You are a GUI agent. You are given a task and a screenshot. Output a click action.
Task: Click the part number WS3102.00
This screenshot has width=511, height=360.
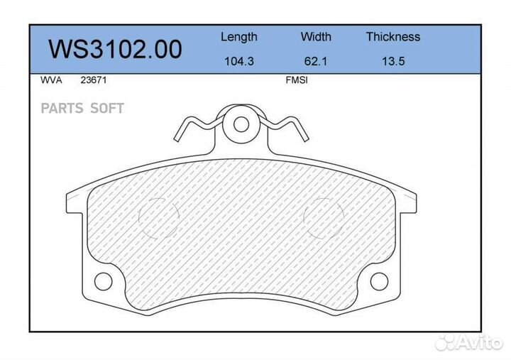click(115, 50)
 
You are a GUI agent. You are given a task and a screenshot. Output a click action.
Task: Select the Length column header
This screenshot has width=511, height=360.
click(239, 37)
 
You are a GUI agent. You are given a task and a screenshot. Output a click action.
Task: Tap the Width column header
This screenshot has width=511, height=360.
click(316, 37)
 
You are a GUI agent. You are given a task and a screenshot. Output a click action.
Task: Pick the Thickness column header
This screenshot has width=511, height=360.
click(393, 37)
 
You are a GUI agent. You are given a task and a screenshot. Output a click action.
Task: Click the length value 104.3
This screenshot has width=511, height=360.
click(239, 61)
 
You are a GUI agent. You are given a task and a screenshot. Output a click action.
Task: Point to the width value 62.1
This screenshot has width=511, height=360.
click(316, 61)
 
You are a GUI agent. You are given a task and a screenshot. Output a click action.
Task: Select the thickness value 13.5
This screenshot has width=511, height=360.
click(393, 61)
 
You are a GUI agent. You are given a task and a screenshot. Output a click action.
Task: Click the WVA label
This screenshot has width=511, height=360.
click(52, 81)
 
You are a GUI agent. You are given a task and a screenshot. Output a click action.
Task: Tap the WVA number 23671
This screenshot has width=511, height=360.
click(94, 81)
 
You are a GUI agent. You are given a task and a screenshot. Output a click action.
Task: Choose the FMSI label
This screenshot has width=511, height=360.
click(296, 81)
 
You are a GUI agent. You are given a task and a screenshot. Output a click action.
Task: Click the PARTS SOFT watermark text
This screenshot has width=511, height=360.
click(82, 109)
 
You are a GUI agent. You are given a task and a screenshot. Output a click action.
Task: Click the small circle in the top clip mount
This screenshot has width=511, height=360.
click(241, 124)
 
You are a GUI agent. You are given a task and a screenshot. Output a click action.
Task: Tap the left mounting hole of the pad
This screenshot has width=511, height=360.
click(103, 282)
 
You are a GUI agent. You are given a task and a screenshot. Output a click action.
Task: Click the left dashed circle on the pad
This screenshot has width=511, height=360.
click(158, 215)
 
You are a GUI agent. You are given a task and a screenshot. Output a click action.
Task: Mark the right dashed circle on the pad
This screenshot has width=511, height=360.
click(324, 215)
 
